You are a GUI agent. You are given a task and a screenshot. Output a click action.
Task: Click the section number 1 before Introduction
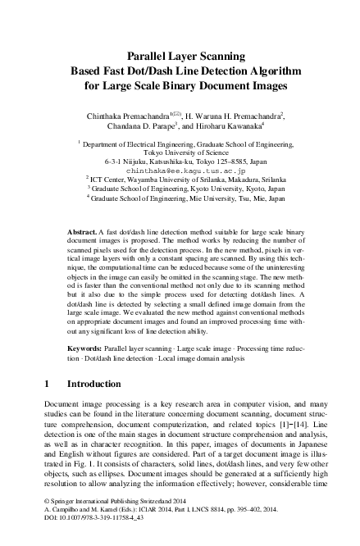tap(45, 383)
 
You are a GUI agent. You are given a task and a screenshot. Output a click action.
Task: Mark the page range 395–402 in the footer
tap(262, 530)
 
